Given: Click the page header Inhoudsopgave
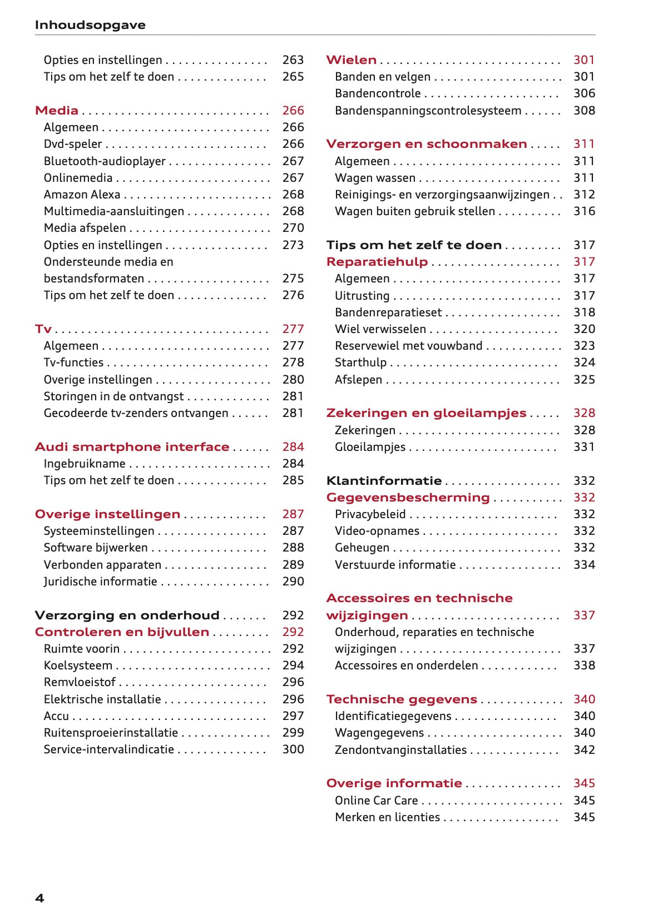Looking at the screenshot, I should (90, 25).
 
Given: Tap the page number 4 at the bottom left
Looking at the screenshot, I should (39, 898).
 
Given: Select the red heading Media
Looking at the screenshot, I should (57, 111).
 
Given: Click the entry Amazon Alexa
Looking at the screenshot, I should (82, 195).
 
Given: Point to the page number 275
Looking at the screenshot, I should (293, 279).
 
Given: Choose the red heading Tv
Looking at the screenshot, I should (43, 329).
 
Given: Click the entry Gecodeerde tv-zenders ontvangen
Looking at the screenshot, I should (136, 413).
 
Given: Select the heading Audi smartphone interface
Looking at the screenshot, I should (132, 447).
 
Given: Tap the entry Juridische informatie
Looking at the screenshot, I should (100, 582).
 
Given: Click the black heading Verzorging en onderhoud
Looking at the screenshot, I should (127, 615).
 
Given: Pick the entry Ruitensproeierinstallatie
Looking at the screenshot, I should (111, 733).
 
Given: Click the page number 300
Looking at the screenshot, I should (293, 749).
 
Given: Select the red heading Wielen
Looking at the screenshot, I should (351, 60).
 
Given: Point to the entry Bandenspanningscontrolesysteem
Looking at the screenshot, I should (428, 111).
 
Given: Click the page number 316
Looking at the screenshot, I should (584, 211).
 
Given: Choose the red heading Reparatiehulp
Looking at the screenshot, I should (377, 262).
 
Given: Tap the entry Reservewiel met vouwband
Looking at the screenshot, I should (408, 346).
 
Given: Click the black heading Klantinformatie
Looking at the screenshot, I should (384, 481).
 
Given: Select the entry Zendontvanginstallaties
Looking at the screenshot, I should (400, 750).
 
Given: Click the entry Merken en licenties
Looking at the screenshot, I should (387, 817).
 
